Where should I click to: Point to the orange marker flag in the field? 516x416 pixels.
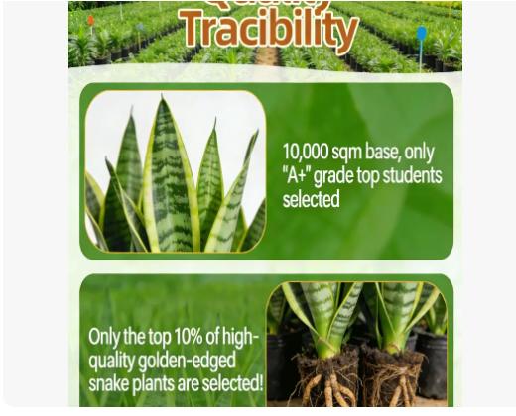click(x=90, y=21)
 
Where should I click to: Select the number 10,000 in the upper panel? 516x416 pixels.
click(x=306, y=153)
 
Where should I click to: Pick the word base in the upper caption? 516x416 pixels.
click(x=388, y=153)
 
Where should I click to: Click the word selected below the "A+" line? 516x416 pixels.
click(x=311, y=200)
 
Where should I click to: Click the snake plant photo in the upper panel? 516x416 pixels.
click(x=176, y=172)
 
